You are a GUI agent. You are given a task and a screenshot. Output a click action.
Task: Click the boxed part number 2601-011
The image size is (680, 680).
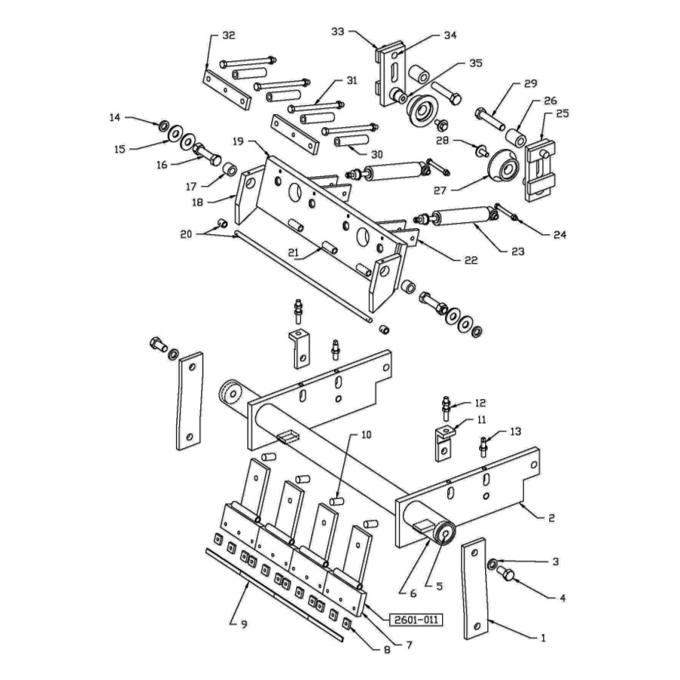tap(416, 620)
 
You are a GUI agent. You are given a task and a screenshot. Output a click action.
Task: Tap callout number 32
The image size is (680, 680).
tap(228, 35)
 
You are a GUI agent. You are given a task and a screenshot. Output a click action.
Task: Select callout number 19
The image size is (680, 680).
tap(239, 141)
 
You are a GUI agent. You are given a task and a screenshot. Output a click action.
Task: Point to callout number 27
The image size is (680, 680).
tap(440, 190)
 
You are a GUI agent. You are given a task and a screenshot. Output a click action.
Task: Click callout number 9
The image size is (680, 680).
tap(244, 624)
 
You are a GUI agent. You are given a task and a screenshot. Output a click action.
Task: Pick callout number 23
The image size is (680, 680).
tap(518, 252)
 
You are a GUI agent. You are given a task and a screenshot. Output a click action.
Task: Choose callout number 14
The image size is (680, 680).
tap(115, 118)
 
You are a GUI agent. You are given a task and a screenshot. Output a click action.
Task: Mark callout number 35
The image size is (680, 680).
tap(476, 63)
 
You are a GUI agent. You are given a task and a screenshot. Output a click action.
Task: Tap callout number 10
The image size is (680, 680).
tap(366, 434)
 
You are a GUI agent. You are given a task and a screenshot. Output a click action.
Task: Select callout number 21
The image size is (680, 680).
tap(294, 253)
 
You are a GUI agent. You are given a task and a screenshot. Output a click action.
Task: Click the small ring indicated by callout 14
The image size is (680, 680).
tap(164, 125)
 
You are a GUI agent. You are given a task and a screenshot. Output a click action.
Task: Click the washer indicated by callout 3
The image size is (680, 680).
tap(493, 564)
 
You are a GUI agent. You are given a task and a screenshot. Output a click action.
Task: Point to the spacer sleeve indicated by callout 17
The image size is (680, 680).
tap(229, 169)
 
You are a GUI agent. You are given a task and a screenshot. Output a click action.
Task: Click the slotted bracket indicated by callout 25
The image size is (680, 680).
tap(540, 170)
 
